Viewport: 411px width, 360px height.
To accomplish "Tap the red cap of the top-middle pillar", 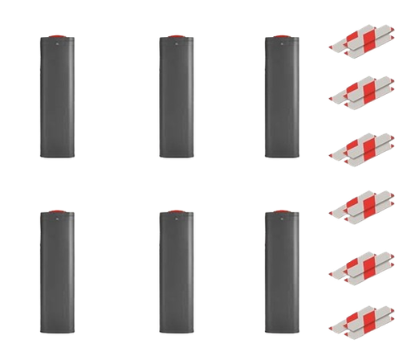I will [175, 37].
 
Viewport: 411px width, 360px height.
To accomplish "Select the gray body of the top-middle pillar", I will [175, 100].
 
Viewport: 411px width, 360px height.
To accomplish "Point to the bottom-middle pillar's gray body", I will [175, 273].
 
